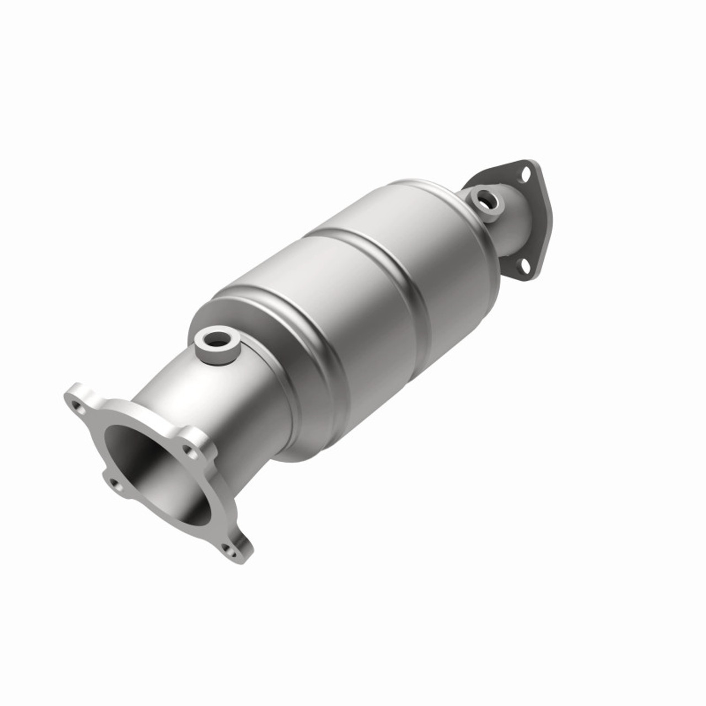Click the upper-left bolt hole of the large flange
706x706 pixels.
pos(78,409)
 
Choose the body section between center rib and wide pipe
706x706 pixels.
pos(331,331)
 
